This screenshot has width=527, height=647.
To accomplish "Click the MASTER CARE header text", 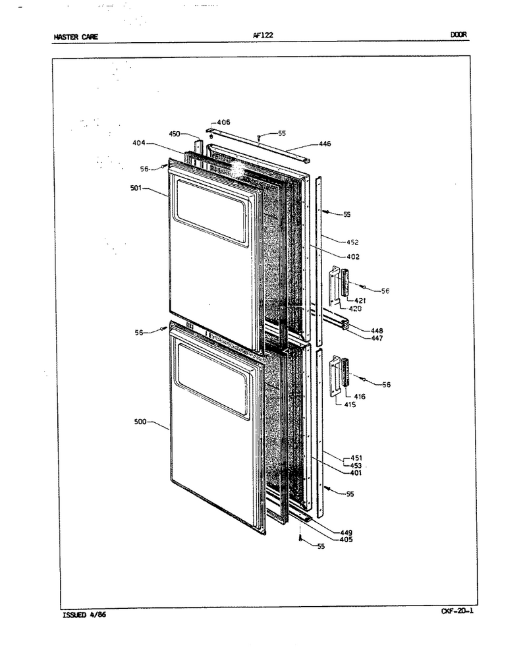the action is click(x=76, y=37).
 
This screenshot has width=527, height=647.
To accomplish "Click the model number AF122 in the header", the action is click(x=263, y=35).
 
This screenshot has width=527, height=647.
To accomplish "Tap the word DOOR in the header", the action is click(x=458, y=35).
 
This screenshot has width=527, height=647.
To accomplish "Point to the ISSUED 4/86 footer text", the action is click(x=84, y=615).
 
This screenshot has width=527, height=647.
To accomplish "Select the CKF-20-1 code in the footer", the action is click(x=457, y=611).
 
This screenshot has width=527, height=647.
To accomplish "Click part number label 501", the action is click(x=136, y=188).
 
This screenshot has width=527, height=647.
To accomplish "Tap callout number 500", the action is click(x=140, y=422).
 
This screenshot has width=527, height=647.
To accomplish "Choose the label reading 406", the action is click(x=224, y=122).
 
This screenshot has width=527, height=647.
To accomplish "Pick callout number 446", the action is click(x=325, y=144).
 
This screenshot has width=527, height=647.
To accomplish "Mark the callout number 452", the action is click(x=352, y=242).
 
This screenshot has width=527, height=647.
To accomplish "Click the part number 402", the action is click(x=353, y=257).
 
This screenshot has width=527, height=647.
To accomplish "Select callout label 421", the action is click(x=360, y=301).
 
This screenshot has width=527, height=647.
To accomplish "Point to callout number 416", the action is click(x=360, y=397).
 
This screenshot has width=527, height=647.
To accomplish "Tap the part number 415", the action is click(x=350, y=405).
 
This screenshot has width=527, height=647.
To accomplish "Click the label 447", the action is click(x=377, y=339).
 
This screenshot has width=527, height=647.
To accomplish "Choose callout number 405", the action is click(x=347, y=540).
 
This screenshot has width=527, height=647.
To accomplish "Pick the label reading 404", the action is click(x=138, y=143).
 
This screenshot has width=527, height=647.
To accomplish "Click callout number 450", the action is click(x=175, y=134).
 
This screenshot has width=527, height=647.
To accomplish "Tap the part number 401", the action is click(x=356, y=473).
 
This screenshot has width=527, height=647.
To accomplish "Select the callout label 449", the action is click(x=347, y=533).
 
